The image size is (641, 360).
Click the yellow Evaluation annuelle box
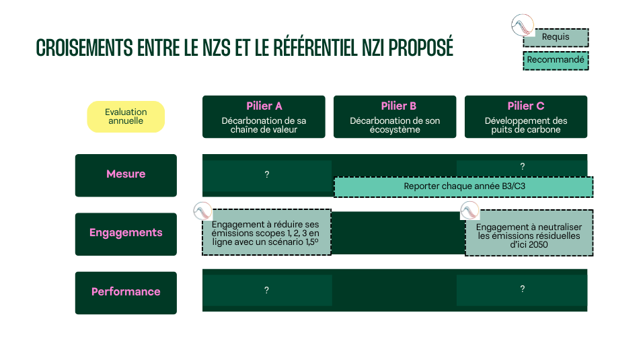[126, 116]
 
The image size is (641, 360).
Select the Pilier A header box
[264, 116]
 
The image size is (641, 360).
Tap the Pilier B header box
[394, 116]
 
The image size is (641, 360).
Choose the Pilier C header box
[525, 116]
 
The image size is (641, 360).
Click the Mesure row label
[126, 175]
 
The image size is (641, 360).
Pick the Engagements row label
[126, 233]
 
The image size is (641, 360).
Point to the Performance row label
[126, 292]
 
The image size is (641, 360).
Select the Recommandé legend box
[556, 61]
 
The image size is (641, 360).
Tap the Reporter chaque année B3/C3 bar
[463, 186]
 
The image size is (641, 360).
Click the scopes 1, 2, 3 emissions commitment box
[266, 233]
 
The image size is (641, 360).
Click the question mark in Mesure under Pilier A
[266, 175]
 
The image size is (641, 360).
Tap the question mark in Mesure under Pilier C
[522, 166]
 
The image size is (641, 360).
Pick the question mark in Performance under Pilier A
[266, 291]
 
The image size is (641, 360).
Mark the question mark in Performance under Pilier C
[522, 289]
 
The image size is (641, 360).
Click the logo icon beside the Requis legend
[522, 25]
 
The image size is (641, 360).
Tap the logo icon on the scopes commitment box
[202, 211]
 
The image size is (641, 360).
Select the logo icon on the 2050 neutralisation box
[469, 211]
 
